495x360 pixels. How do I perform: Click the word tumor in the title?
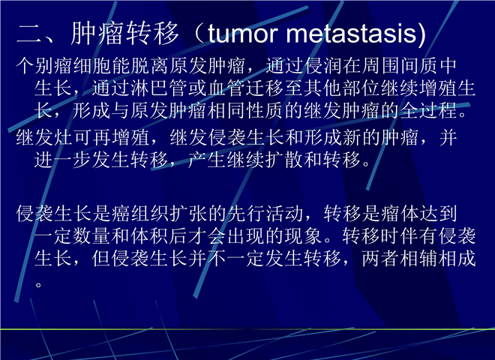click(243, 34)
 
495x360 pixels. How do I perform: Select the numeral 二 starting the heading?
click(28, 34)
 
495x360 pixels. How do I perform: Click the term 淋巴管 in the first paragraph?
click(159, 88)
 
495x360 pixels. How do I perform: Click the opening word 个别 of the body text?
click(34, 66)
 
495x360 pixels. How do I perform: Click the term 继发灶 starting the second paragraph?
click(44, 138)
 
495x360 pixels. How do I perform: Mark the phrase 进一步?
click(63, 160)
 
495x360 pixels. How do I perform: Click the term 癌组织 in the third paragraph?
click(140, 214)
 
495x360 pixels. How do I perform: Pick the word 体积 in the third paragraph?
click(150, 236)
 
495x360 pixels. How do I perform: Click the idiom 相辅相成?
click(437, 258)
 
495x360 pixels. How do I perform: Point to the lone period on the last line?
click(38, 285)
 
